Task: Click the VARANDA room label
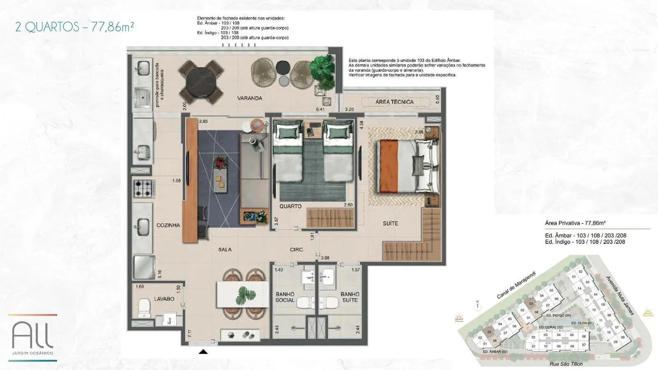click(249, 98)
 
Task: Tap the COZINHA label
click(168, 225)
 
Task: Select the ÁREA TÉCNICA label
click(394, 102)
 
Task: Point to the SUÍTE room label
click(390, 223)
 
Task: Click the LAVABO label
click(164, 299)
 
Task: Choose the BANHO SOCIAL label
click(285, 297)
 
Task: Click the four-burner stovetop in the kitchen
click(144, 189)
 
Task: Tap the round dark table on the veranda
click(201, 83)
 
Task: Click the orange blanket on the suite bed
click(388, 166)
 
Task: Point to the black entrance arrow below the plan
click(203, 351)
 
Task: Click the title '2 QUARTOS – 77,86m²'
click(74, 27)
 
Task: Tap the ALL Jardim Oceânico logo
click(32, 337)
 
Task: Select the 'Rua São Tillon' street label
click(566, 364)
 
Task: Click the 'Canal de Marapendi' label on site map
click(516, 285)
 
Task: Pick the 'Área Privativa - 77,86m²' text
click(575, 223)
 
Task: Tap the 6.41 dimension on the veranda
click(320, 109)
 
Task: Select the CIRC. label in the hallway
click(297, 250)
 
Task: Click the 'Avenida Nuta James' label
click(620, 296)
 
